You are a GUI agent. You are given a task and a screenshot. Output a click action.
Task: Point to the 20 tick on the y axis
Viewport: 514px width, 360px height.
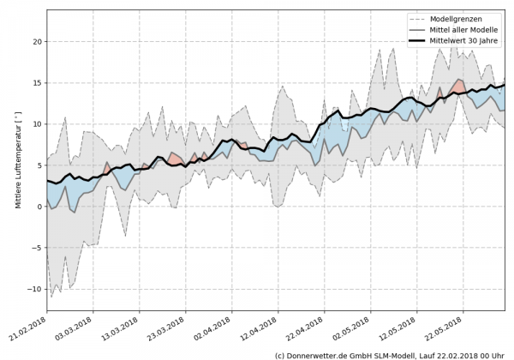[37, 41]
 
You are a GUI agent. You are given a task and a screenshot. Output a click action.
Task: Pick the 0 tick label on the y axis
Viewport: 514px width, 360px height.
[39, 207]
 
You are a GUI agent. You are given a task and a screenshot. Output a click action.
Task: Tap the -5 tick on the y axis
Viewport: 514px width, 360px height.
[37, 249]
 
